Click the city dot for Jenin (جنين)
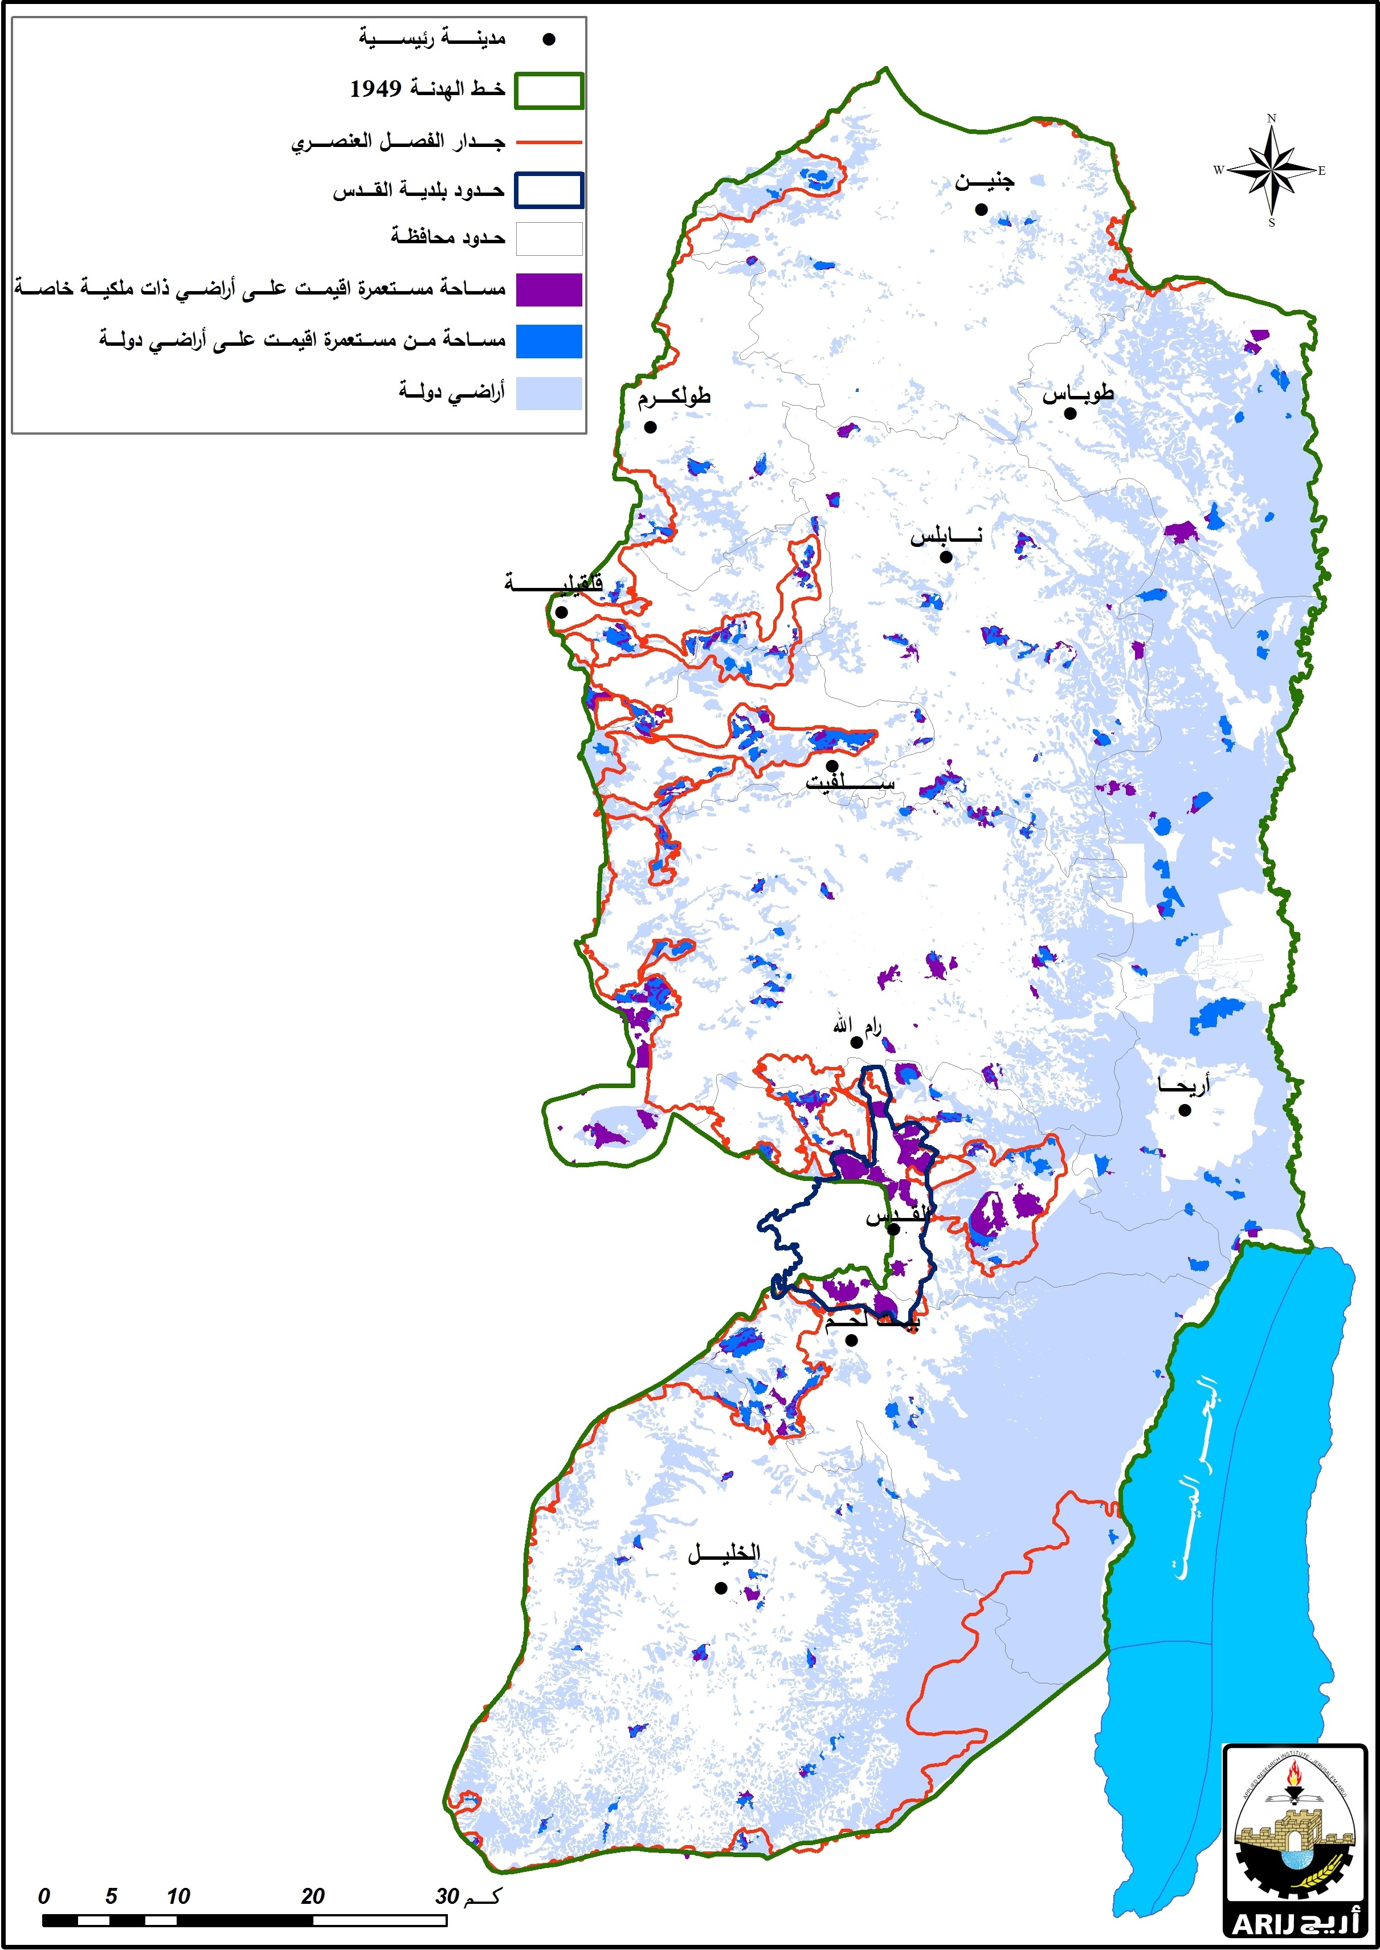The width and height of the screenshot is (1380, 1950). (981, 209)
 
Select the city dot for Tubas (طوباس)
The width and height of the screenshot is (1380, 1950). (1070, 414)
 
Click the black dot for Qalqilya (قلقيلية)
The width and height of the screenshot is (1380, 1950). (561, 612)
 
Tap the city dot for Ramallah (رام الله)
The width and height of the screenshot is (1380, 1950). (856, 1043)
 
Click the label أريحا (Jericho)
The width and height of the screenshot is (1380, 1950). (1183, 1085)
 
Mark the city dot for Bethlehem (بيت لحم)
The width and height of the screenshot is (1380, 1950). (851, 1340)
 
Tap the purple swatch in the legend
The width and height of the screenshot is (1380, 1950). (549, 290)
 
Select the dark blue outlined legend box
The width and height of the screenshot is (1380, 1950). (549, 190)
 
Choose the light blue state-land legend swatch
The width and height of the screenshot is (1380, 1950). (549, 394)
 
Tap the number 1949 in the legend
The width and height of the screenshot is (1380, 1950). (375, 88)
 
